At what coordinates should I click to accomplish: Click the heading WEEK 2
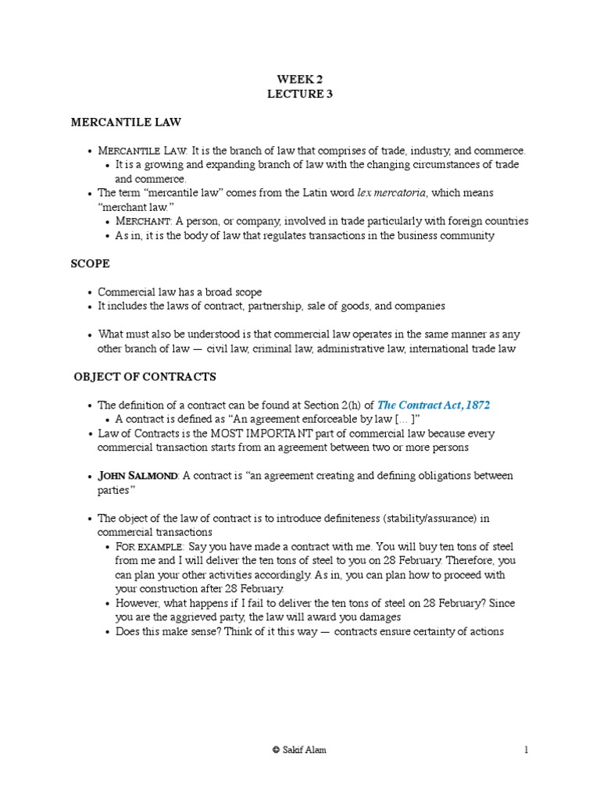300,80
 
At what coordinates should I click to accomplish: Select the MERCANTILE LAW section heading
126,123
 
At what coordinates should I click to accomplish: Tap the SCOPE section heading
90,264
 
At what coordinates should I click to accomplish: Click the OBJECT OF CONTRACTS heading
145,377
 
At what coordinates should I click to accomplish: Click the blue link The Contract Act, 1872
434,405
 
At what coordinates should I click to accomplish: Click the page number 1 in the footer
526,750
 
